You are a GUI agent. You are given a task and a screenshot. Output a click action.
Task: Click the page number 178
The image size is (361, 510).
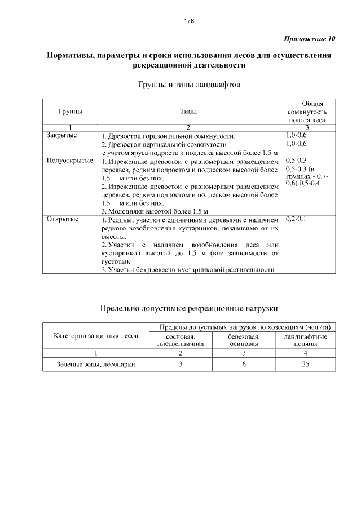pos(189,21)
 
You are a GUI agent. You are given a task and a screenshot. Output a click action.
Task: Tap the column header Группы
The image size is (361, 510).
pos(69,112)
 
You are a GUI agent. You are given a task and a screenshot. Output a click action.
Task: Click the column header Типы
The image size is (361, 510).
pos(188,112)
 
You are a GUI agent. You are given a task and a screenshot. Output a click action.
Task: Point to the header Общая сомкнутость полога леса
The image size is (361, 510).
pos(305,112)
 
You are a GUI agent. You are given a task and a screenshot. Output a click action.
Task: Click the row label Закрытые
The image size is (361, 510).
pos(61,135)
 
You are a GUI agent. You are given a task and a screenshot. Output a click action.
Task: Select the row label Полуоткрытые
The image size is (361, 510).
pos(69,161)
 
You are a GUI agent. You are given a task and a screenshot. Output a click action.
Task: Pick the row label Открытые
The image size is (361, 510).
pos(62,219)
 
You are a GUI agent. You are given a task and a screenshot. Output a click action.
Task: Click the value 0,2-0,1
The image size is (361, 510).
pos(296,219)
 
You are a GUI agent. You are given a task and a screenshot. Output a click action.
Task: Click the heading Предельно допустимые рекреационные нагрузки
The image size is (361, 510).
pos(189,308)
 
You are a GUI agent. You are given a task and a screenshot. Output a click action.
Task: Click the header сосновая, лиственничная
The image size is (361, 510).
pos(180,340)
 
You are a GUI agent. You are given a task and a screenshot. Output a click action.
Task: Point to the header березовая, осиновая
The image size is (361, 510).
pos(244,340)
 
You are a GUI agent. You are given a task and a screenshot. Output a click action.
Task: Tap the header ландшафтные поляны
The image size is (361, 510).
pos(305,340)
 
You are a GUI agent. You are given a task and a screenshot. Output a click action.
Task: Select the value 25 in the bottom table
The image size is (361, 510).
pos(305,365)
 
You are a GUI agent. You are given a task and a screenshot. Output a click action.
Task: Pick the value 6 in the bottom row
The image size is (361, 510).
pos(244,365)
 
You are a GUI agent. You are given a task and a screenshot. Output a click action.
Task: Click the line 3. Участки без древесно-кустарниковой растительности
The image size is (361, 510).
pos(188,270)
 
